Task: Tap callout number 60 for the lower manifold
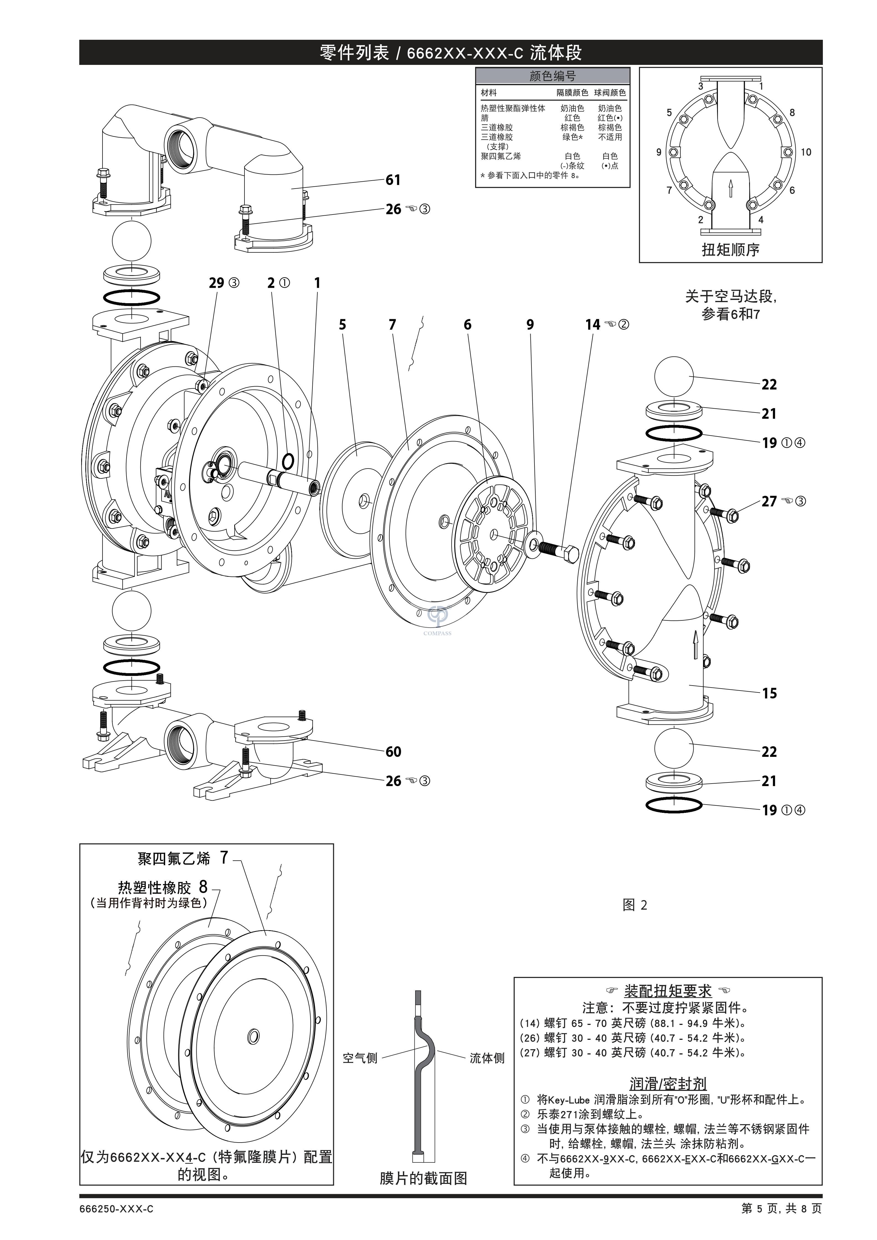click(393, 752)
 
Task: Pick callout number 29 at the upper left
click(216, 283)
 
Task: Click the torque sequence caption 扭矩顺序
click(731, 250)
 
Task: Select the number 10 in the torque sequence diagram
click(806, 152)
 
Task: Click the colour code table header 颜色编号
click(552, 76)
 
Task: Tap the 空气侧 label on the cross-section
click(360, 1058)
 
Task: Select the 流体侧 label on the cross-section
click(487, 1058)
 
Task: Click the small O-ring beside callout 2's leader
click(288, 461)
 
